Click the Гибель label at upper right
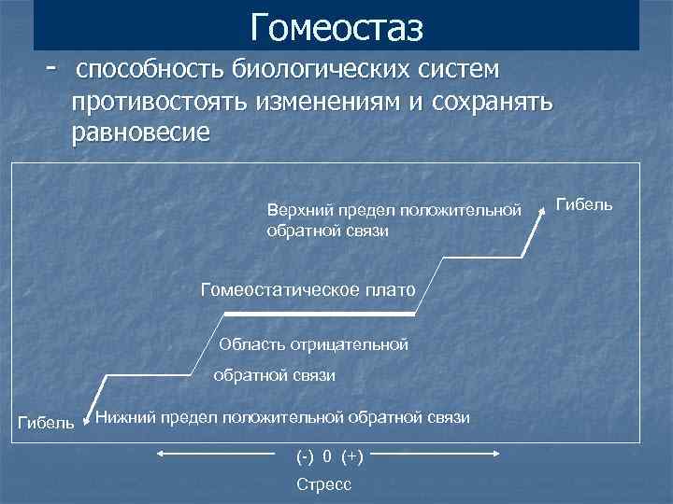coord(584,203)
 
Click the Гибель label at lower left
coord(46,424)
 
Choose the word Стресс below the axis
coord(323,484)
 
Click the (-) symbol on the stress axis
coord(305,456)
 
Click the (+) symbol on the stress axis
coord(352,456)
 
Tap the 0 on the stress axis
coord(327,456)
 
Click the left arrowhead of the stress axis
coord(160,455)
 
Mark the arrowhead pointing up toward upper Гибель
coord(541,214)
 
